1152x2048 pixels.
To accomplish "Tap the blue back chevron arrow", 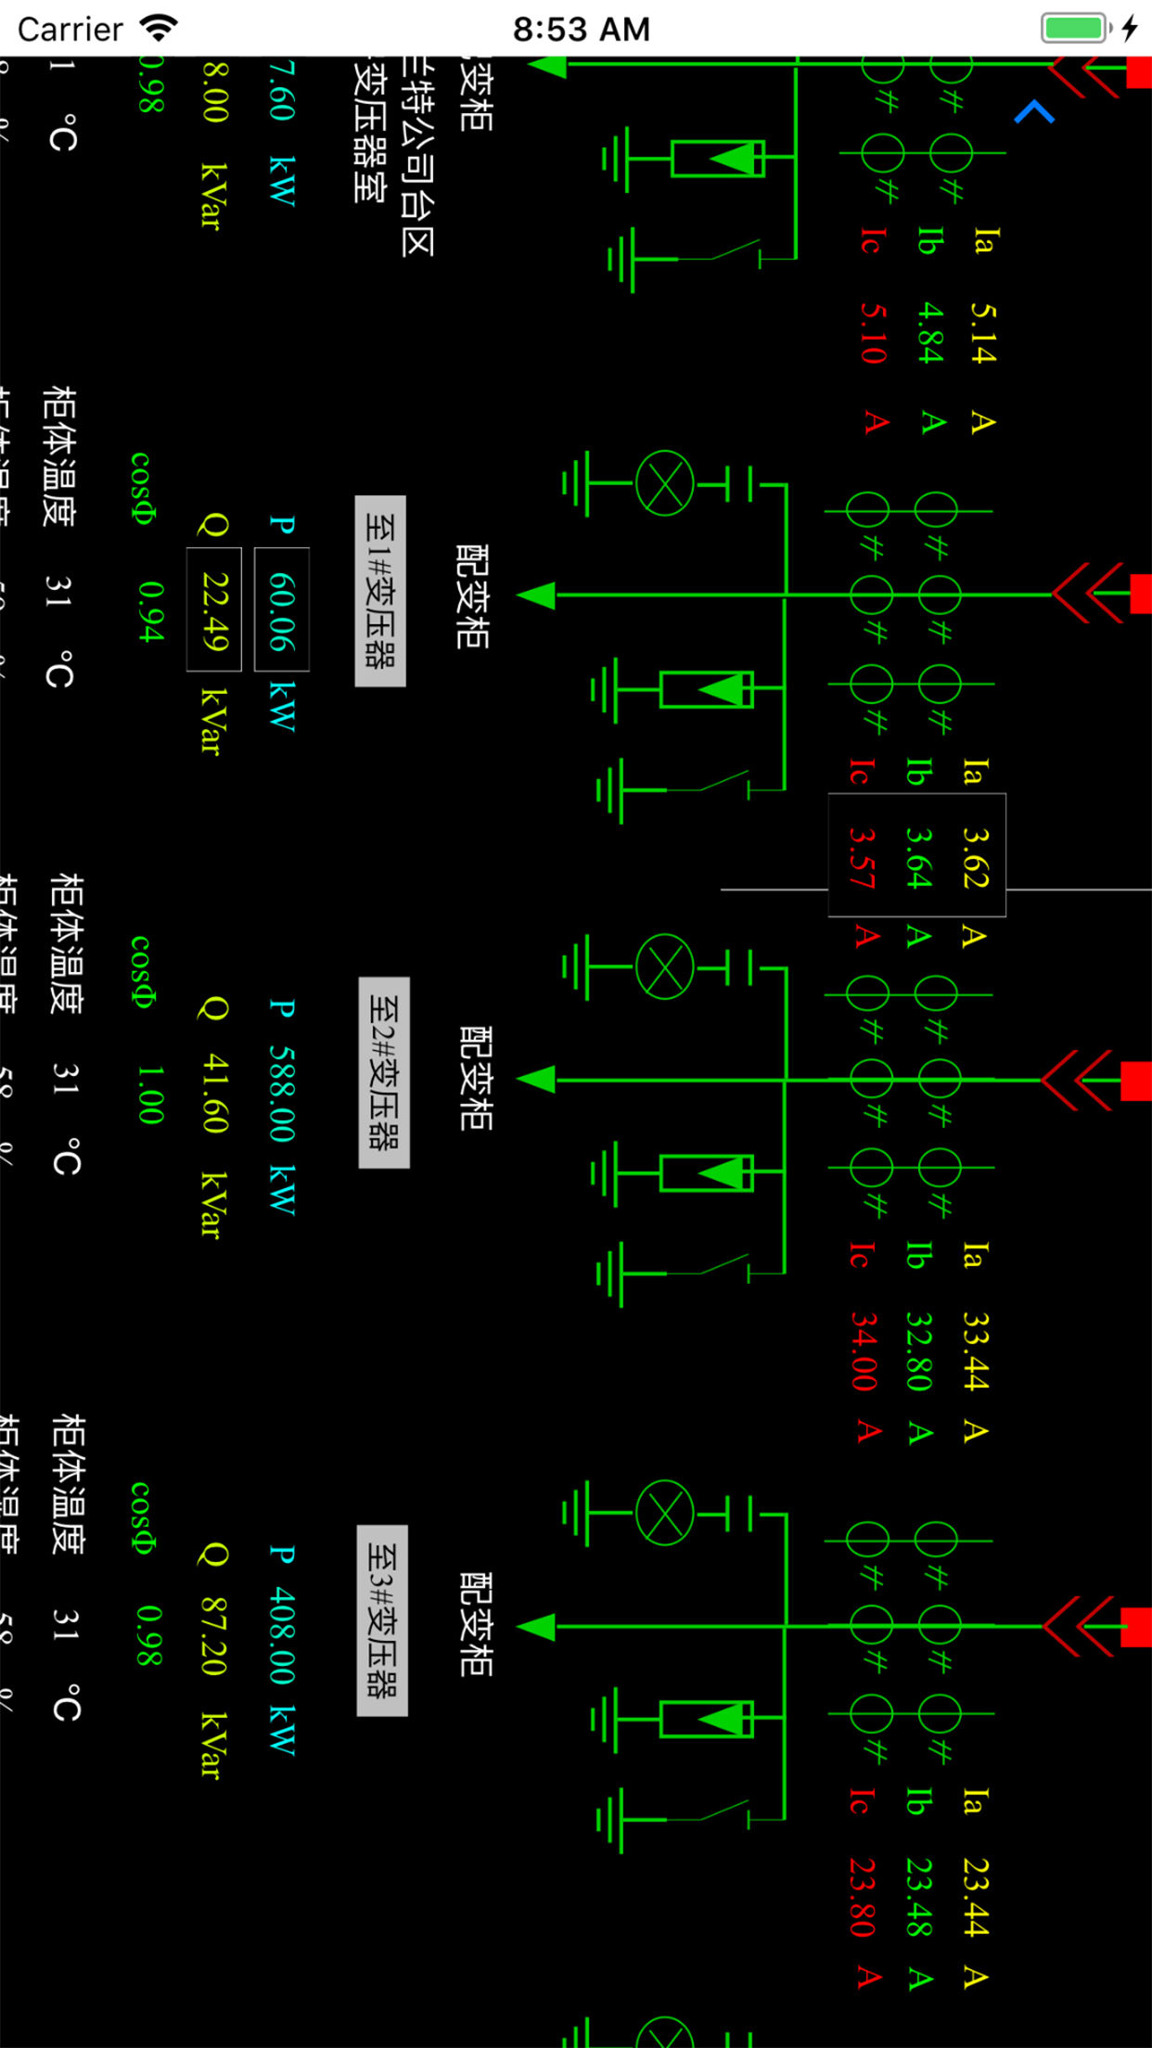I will click(1034, 112).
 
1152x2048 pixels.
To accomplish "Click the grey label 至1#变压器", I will click(380, 592).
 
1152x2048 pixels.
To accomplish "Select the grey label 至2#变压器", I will click(384, 1072).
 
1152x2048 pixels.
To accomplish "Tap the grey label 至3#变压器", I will click(382, 1619).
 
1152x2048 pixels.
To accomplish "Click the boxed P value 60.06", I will click(281, 609).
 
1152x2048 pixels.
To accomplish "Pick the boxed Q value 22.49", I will click(214, 609).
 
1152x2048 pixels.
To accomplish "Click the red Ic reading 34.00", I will click(864, 1350).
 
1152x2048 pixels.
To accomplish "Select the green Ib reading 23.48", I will click(919, 1896).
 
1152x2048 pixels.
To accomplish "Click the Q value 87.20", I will click(214, 1636).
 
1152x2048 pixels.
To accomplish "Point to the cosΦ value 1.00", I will click(149, 1094).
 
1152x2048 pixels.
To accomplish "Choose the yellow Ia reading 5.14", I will click(982, 332).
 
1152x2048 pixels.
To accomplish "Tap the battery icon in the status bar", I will click(1076, 28).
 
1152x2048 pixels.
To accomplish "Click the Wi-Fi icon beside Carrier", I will click(159, 28).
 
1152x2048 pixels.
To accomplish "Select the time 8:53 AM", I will click(582, 29).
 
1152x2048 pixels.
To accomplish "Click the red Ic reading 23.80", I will click(863, 1896).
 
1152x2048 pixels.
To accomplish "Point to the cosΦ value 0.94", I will click(149, 610).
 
